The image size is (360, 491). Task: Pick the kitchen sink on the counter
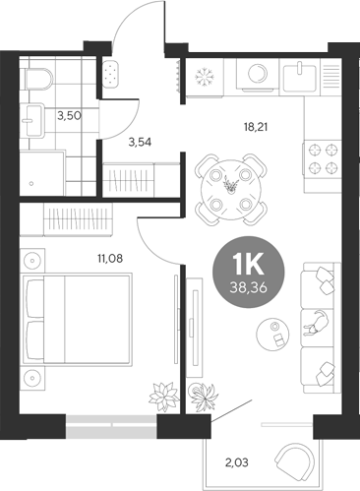click(x=301, y=76)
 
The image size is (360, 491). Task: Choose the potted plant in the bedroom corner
click(x=157, y=395)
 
